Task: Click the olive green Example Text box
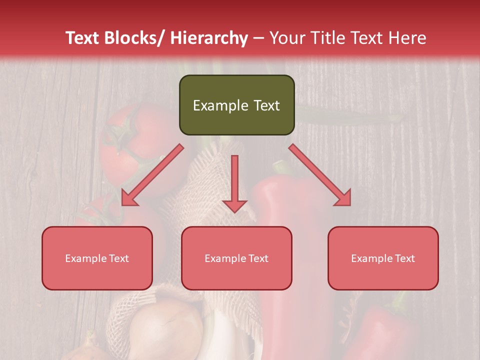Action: [x=236, y=105]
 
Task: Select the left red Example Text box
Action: [x=97, y=258]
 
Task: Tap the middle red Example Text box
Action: [x=236, y=258]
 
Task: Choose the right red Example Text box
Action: [x=383, y=258]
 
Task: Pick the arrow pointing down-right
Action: [x=320, y=175]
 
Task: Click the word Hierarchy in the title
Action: [x=209, y=38]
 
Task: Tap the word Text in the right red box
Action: [x=405, y=258]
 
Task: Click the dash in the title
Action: [x=258, y=38]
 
